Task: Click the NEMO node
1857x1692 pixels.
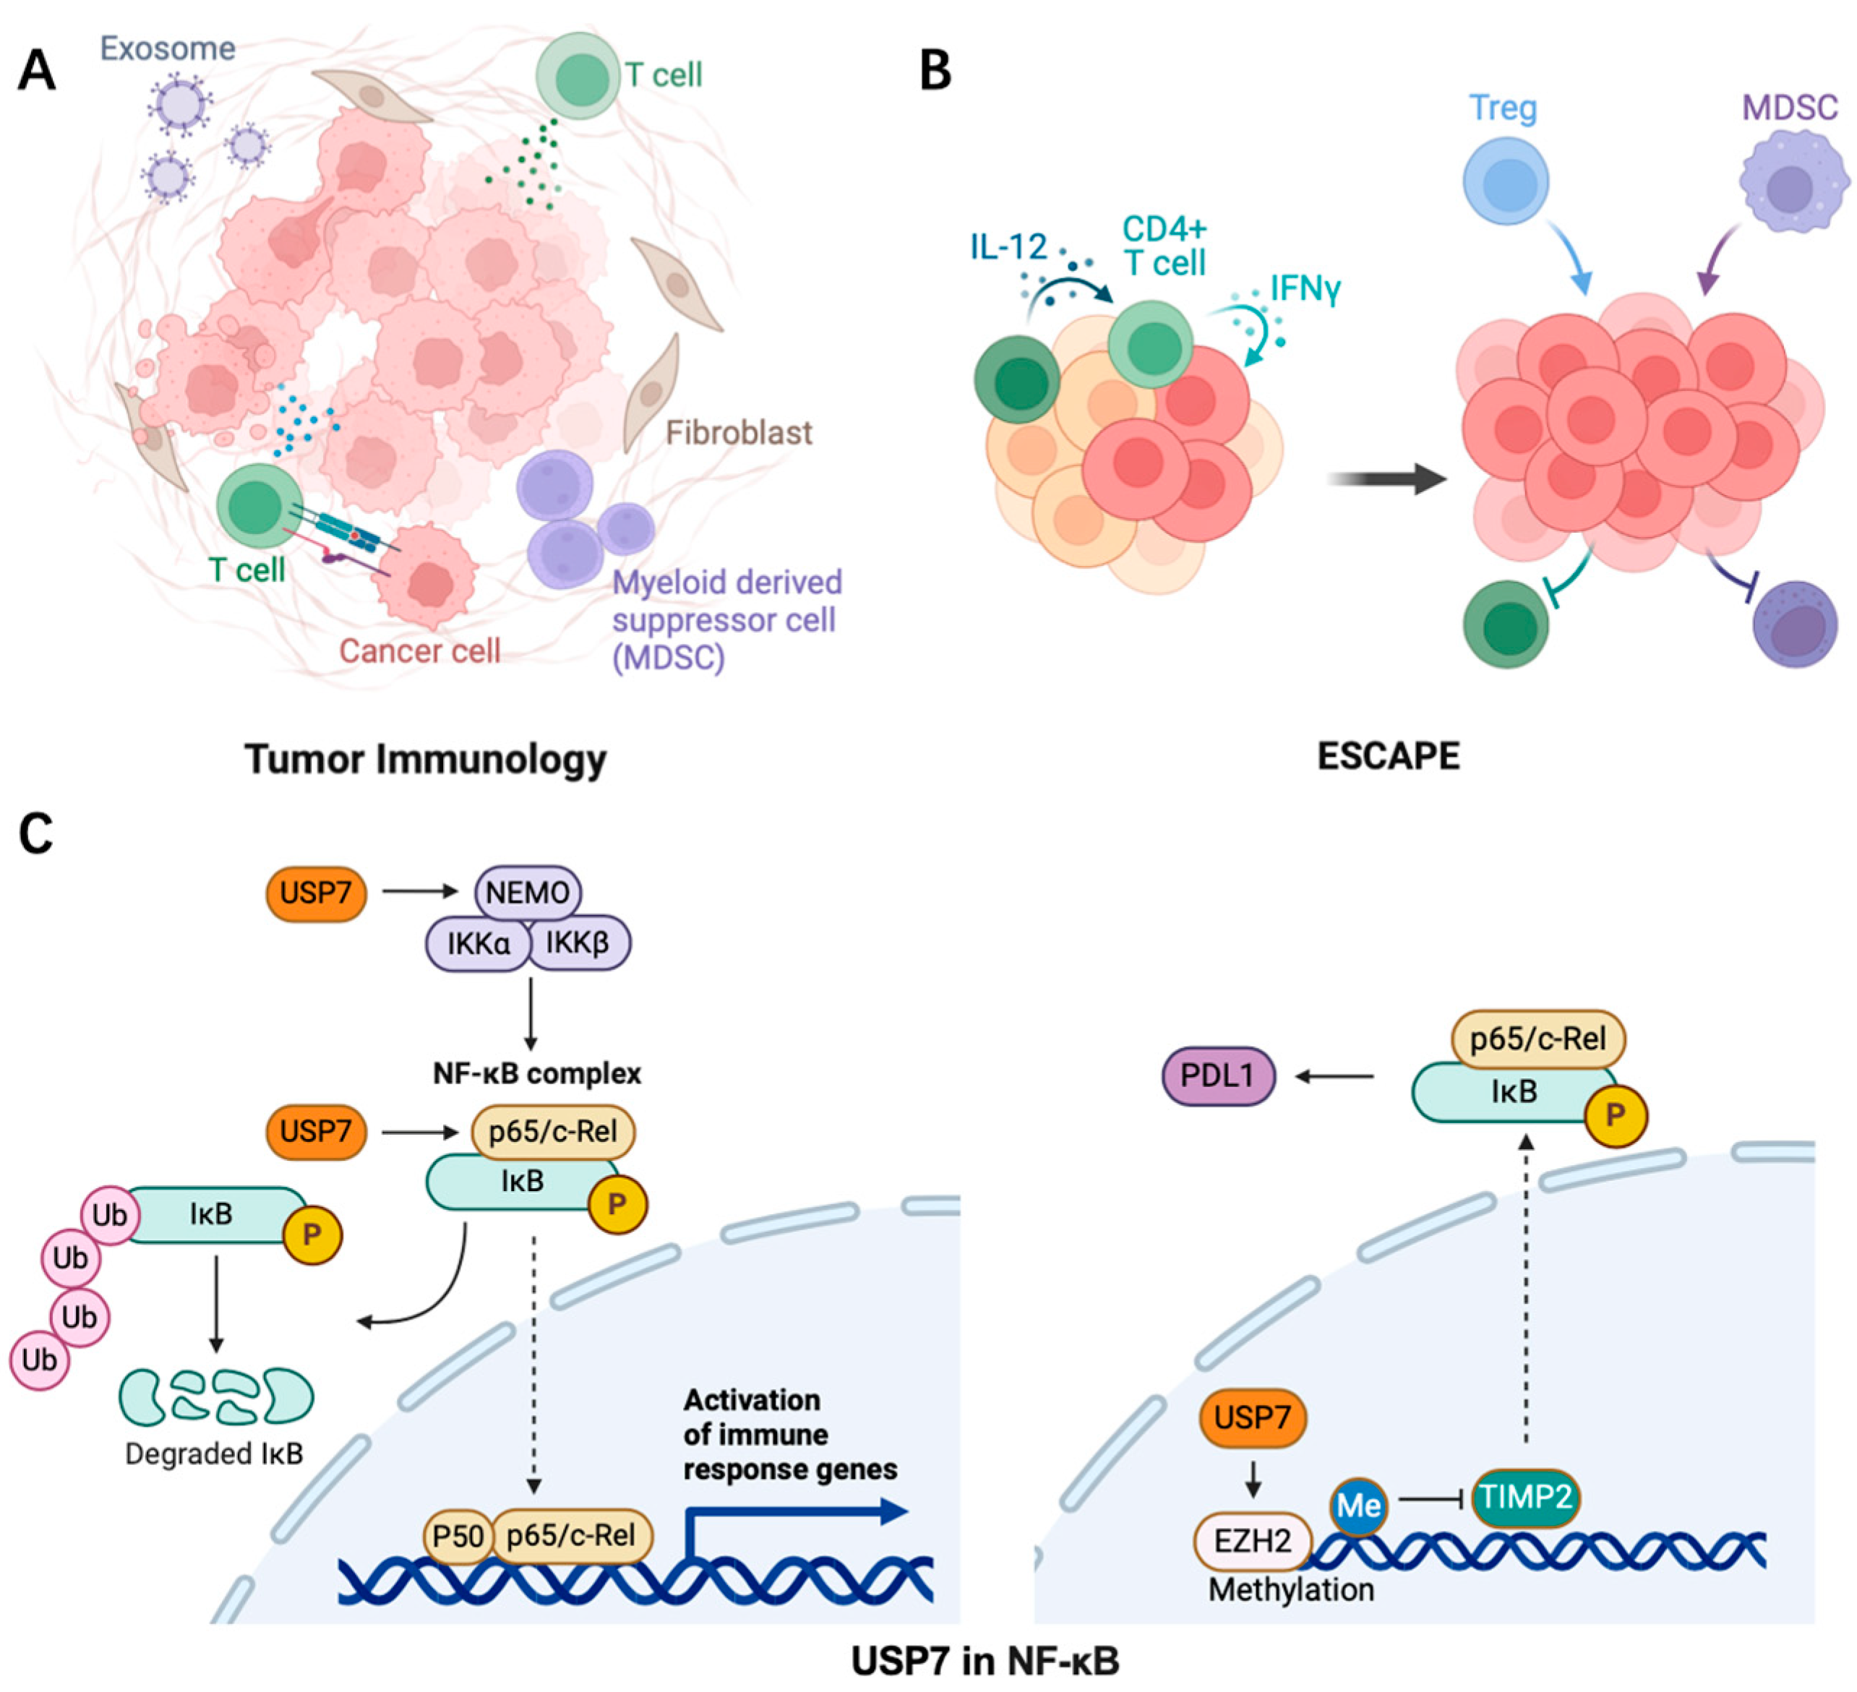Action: [528, 892]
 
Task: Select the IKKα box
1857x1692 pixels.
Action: [478, 943]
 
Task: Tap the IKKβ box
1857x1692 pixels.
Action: [578, 942]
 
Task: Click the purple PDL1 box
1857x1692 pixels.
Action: [1217, 1075]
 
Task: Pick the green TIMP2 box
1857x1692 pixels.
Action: [1525, 1497]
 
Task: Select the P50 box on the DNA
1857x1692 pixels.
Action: [458, 1535]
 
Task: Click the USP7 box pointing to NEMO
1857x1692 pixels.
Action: [316, 892]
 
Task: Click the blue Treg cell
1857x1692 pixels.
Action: [1505, 181]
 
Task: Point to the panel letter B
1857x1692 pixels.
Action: [935, 71]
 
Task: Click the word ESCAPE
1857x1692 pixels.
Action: [1387, 756]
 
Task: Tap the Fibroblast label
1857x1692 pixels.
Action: [739, 432]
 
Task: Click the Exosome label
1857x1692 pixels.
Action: [168, 48]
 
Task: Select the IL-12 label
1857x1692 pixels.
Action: [1008, 247]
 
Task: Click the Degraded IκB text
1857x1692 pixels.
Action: [214, 1453]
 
